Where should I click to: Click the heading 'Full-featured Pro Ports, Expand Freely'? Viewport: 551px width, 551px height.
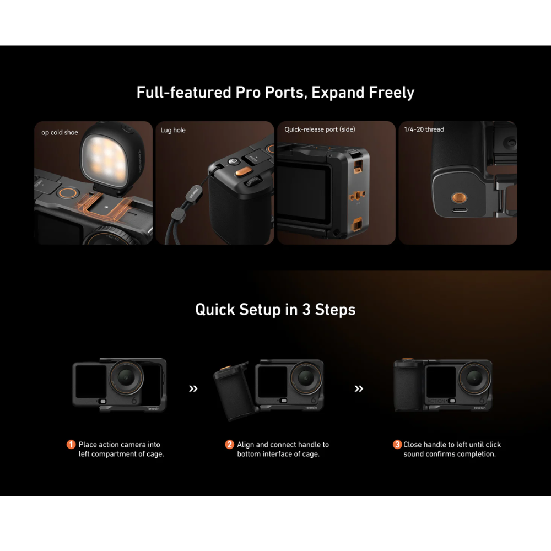tap(275, 93)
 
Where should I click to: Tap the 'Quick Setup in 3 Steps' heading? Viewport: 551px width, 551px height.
tap(275, 310)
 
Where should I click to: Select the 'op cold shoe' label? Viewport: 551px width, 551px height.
tap(60, 132)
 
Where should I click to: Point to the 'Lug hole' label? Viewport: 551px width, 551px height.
tap(173, 130)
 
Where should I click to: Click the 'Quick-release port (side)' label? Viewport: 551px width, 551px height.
tap(320, 129)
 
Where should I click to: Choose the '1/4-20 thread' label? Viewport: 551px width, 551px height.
tap(424, 129)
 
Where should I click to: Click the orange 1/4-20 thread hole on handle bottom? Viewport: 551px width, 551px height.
tap(459, 197)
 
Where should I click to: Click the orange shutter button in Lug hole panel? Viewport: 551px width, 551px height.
tap(243, 172)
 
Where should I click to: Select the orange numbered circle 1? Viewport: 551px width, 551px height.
tap(71, 445)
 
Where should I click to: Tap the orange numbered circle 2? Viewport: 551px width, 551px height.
tap(229, 445)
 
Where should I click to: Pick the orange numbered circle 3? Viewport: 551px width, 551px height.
tap(397, 445)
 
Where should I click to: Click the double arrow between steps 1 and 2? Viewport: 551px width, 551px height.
tap(193, 388)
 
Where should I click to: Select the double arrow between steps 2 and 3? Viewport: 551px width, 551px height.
tap(359, 388)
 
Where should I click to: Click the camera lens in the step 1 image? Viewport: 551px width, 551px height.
tap(126, 377)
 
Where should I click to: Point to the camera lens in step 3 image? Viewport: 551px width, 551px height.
tap(475, 378)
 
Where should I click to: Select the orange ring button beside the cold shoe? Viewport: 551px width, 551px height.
tap(68, 193)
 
